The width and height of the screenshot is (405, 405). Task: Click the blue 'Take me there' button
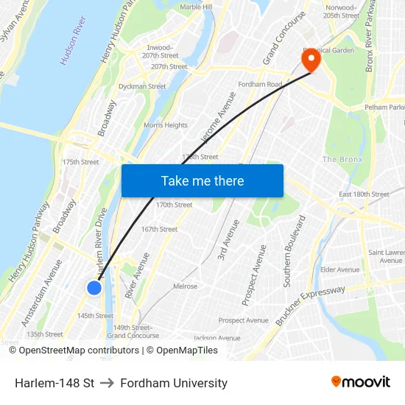tap(202, 180)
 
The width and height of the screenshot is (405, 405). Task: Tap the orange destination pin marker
tap(311, 60)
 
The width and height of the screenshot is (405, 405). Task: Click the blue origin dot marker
tap(94, 288)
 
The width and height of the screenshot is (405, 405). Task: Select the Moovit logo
tap(361, 381)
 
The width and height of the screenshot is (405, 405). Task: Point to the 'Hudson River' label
tap(74, 40)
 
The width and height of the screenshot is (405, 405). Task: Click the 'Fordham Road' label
tap(260, 85)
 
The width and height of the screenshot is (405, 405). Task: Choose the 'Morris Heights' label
tap(166, 125)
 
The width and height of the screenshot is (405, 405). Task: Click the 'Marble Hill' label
tap(196, 7)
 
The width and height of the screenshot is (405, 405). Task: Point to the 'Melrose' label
tap(185, 286)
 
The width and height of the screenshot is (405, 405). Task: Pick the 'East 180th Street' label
tap(364, 194)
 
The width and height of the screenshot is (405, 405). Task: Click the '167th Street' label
tap(159, 229)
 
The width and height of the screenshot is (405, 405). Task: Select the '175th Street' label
tap(80, 162)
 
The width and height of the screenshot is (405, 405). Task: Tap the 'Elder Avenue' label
tap(339, 270)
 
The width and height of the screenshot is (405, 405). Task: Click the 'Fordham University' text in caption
tap(174, 383)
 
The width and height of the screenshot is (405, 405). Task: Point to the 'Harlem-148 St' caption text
tap(54, 383)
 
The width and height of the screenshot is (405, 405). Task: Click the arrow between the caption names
tap(107, 383)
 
